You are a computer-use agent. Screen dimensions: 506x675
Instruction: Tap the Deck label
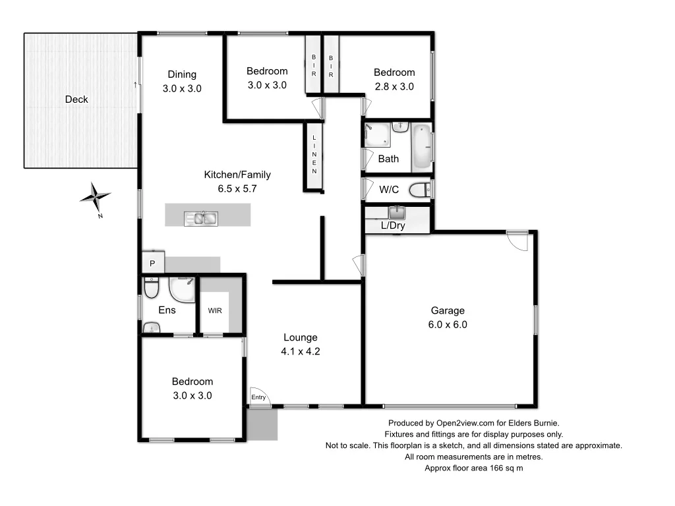76,99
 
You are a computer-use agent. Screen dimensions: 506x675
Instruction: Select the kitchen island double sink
201,217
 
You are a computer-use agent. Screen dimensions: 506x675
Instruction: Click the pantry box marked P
152,264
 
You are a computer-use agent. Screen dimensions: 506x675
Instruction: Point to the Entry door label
258,397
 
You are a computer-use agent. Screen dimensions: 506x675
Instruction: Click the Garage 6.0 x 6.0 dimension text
448,324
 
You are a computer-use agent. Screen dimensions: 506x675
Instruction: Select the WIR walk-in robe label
215,310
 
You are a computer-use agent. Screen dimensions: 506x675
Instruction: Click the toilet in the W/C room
420,190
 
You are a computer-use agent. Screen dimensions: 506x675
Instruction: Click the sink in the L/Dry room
397,212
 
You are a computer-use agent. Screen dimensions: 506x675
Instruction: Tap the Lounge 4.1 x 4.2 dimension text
301,351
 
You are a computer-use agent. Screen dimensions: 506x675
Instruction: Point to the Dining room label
182,74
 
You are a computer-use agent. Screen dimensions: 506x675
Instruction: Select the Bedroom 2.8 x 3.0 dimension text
394,86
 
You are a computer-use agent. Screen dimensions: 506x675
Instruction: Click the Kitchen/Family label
237,175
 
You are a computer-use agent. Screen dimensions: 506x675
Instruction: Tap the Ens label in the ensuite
167,310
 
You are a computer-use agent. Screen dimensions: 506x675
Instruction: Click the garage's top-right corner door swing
519,240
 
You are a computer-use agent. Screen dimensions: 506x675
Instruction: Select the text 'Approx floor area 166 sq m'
474,468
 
